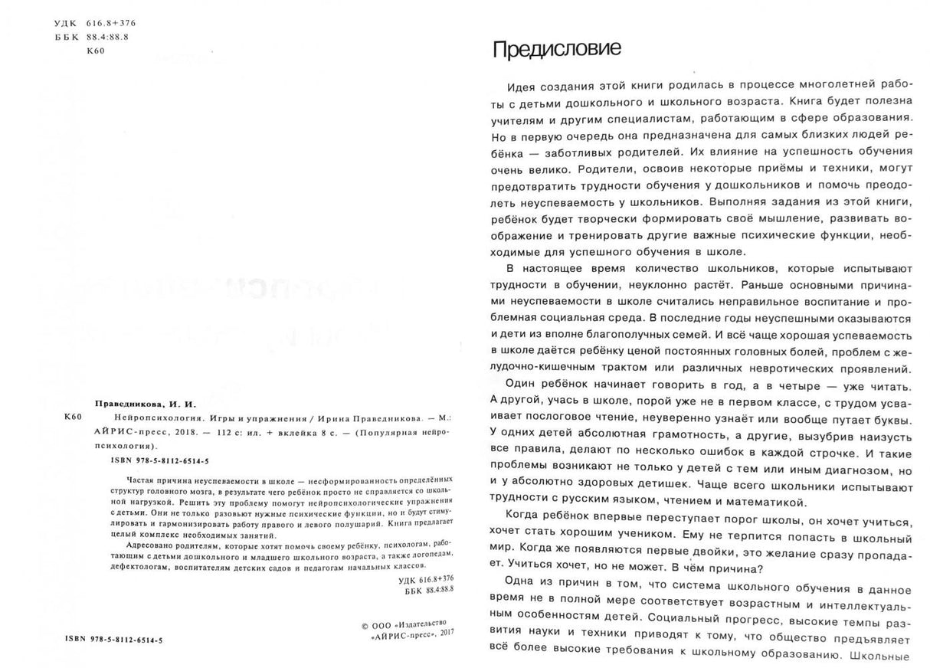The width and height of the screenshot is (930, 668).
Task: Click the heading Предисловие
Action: [556, 49]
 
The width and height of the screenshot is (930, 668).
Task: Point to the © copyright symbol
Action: [365, 625]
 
